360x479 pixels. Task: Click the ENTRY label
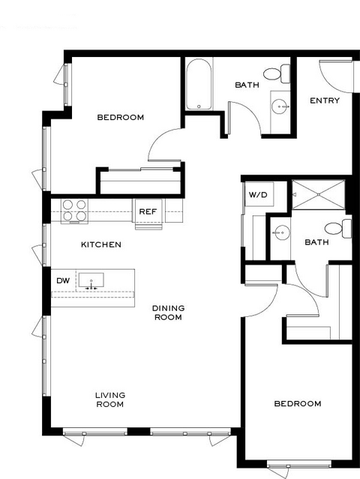tap(325, 100)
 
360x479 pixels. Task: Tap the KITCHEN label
tap(101, 244)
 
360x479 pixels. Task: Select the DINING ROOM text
tap(168, 313)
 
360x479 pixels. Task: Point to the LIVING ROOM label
tap(110, 400)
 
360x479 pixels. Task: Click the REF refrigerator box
tap(148, 211)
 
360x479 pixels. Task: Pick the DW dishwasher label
tap(63, 280)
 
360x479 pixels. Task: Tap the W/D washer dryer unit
tap(259, 194)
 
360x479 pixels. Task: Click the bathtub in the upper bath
tap(199, 84)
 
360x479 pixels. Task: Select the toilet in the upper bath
tap(277, 73)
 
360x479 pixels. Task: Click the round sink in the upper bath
tap(280, 106)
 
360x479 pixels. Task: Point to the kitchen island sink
tap(91, 280)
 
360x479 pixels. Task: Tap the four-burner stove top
tap(74, 211)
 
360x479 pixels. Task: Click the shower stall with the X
tap(319, 195)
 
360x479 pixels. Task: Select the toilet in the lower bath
tap(338, 228)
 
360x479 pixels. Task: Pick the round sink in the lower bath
tap(281, 233)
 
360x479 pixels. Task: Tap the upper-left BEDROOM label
tap(121, 117)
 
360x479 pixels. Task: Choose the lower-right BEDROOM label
tap(298, 403)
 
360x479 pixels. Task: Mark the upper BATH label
tap(247, 85)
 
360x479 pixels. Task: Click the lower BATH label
tap(317, 242)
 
